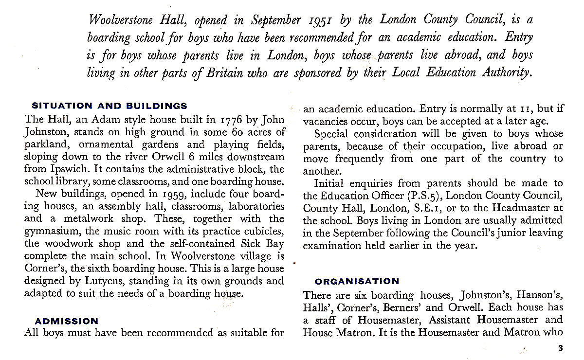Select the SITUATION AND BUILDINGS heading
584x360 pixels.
click(109, 106)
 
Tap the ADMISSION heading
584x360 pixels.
click(67, 321)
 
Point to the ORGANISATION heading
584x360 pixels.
click(357, 281)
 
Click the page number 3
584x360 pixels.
click(560, 347)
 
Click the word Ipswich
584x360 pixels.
click(64, 169)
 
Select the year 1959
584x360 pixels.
click(177, 195)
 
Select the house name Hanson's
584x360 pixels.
click(539, 295)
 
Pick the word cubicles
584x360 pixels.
click(261, 231)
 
